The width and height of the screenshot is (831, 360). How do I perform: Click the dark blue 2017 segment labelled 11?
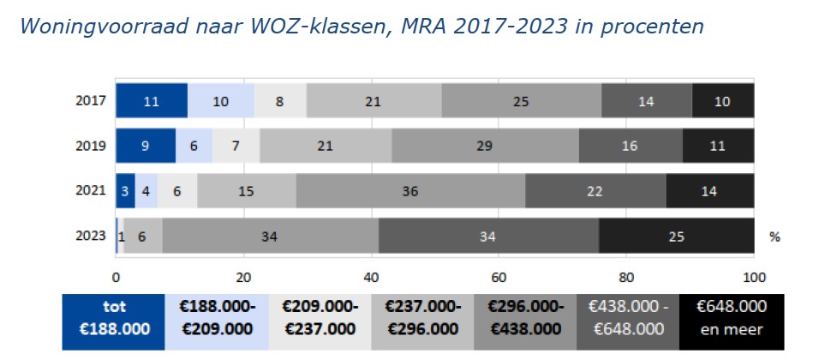152,101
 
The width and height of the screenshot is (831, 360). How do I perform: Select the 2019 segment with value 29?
485,146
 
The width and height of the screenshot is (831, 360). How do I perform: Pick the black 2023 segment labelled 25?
676,236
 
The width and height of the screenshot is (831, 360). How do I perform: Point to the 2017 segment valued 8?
280,101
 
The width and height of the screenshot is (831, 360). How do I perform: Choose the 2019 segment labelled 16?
630,146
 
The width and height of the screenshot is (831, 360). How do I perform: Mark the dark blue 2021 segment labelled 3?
125,191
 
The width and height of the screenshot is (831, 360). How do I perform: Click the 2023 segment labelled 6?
142,236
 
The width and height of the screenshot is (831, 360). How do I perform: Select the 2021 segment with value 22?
595,191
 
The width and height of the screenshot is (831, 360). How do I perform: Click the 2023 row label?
92,236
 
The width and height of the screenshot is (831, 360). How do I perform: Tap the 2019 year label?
92,146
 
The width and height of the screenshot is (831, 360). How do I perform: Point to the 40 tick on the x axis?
371,276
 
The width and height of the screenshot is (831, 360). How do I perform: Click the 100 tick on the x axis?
754,276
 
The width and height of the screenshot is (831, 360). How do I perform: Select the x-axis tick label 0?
116,276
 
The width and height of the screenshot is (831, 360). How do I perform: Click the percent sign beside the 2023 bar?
774,237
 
